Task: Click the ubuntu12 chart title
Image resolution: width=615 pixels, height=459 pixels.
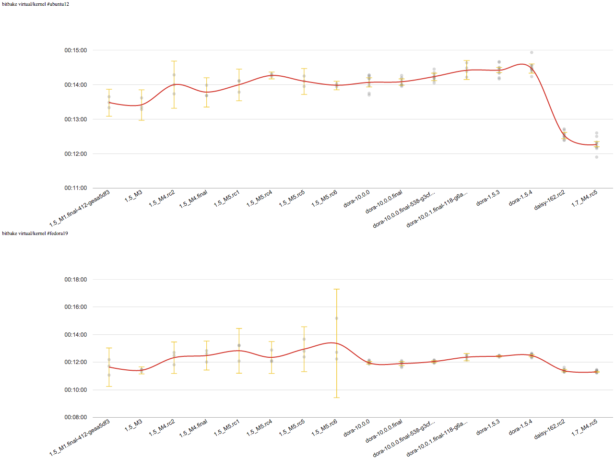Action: click(x=35, y=4)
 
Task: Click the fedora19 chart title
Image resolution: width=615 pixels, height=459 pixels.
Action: click(x=35, y=234)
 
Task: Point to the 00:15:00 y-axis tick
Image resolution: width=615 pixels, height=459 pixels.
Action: click(x=76, y=50)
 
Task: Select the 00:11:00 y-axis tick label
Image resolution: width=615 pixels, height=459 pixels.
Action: click(x=76, y=188)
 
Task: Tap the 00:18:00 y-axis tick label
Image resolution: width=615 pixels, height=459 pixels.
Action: click(x=76, y=280)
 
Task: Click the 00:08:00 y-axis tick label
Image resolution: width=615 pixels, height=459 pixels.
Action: click(x=76, y=417)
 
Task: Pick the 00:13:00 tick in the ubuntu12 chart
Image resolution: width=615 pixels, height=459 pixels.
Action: click(x=76, y=119)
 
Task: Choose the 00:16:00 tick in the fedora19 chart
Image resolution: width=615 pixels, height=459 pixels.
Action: click(x=76, y=307)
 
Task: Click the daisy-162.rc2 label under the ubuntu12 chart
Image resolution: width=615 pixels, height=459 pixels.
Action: click(x=550, y=200)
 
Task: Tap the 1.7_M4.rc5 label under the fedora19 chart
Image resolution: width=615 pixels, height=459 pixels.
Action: click(x=584, y=428)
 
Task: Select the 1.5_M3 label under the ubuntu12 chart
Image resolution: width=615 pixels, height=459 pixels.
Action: click(x=133, y=196)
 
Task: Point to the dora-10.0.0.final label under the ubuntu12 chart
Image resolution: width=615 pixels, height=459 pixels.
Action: click(x=384, y=202)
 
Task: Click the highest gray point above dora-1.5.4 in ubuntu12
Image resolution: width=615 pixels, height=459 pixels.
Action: click(x=532, y=52)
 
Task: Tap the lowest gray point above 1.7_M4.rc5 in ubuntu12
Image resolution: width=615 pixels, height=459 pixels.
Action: click(x=597, y=157)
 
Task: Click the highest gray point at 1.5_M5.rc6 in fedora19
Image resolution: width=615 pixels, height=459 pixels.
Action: click(x=337, y=318)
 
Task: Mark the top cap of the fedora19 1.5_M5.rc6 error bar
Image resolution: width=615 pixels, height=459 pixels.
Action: click(x=337, y=289)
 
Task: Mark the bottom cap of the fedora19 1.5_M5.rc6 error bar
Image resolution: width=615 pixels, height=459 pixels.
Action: click(x=337, y=398)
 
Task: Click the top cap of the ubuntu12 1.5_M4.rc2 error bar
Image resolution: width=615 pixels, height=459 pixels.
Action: click(x=174, y=61)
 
